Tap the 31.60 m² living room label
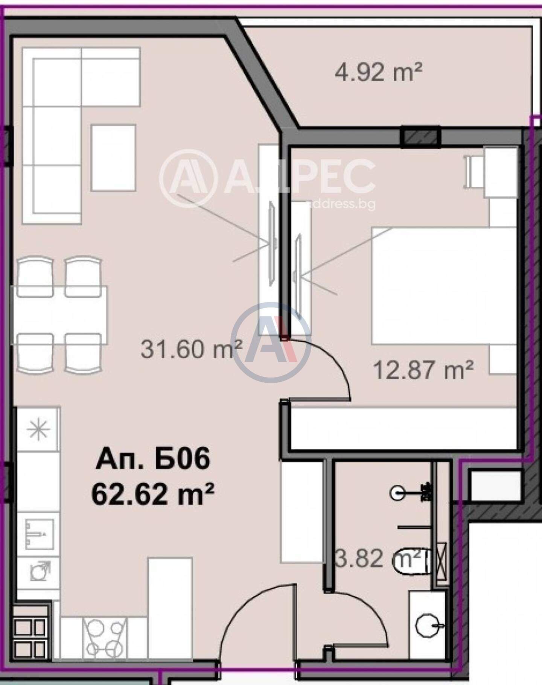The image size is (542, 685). [x=191, y=349]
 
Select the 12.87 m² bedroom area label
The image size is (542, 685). [x=423, y=370]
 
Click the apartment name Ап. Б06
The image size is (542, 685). [x=153, y=459]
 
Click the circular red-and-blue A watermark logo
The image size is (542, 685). [x=271, y=342]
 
